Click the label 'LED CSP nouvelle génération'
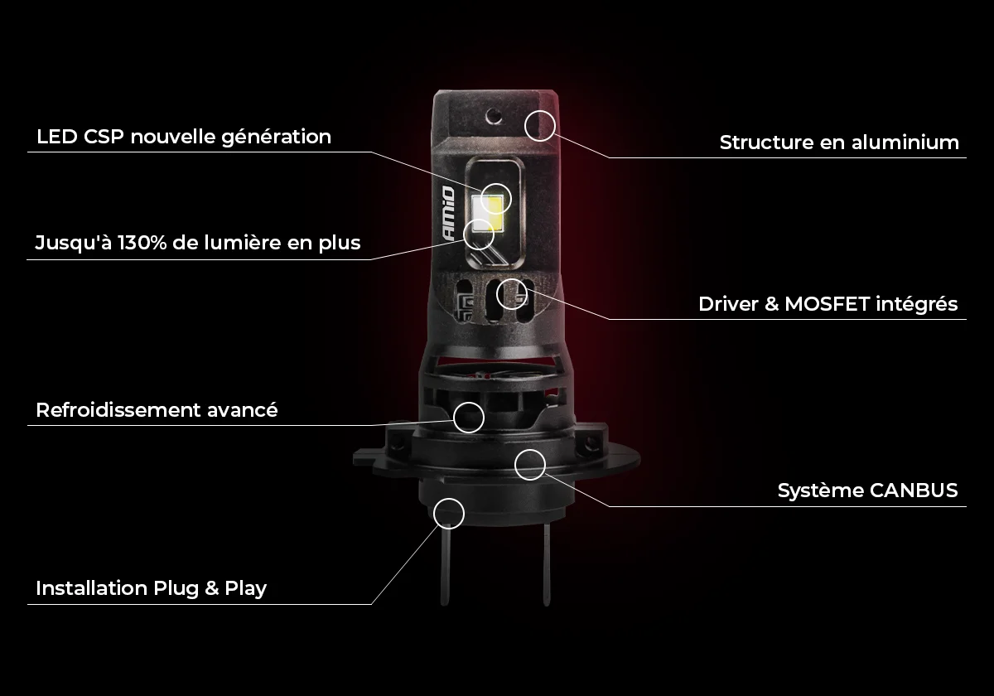coord(184,138)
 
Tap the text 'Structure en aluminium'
coord(839,143)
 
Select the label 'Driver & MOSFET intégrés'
coord(828,305)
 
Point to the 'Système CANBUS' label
coord(867,491)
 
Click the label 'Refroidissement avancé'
coord(157,409)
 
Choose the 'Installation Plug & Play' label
coord(152,588)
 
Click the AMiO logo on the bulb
coord(449,214)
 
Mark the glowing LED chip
coord(487,214)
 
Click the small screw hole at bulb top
coord(494,116)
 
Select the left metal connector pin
coord(445,564)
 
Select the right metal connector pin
coord(547,564)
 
